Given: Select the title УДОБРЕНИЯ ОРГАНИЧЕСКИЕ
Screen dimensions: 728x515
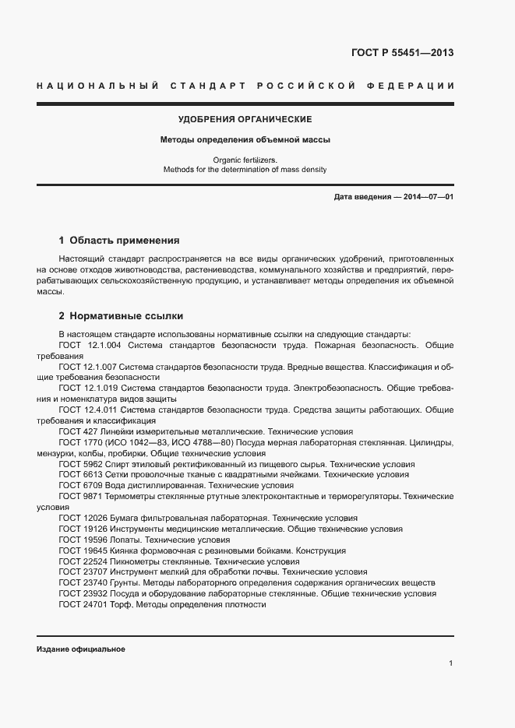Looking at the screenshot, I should point(245,119).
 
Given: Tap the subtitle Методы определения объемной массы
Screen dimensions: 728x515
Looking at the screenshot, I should point(245,140).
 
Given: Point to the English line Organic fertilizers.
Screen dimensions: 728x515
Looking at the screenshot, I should point(245,160).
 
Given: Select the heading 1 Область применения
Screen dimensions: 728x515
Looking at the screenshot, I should point(119,241).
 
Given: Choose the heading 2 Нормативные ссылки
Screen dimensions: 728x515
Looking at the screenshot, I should point(121,316).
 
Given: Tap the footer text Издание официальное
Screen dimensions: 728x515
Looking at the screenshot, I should point(81,649).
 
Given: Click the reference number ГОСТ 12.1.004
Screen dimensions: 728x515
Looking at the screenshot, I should point(86,344).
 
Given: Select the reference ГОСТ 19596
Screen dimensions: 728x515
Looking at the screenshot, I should point(80,539).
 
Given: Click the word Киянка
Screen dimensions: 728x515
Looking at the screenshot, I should point(122,550).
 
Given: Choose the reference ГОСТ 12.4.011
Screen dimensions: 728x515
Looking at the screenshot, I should point(86,409).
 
